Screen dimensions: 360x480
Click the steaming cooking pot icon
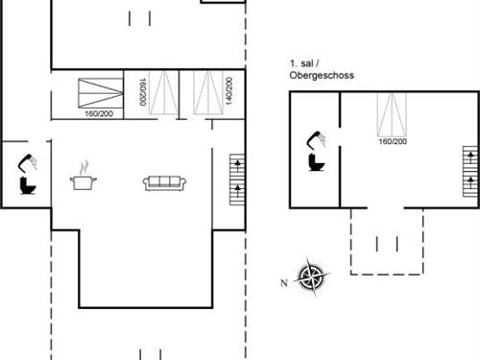point(83,178)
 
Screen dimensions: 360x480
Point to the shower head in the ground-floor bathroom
point(31,158)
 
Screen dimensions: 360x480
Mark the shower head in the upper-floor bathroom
point(317,138)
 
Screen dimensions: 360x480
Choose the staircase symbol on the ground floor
point(236,179)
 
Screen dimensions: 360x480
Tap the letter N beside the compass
point(284,282)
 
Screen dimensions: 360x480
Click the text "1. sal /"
point(305,62)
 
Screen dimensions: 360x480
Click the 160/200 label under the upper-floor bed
point(392,142)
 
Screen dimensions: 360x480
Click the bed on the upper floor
point(392,114)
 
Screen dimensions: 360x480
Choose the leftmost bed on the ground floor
point(99,93)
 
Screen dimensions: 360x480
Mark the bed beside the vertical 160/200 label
point(162,93)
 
